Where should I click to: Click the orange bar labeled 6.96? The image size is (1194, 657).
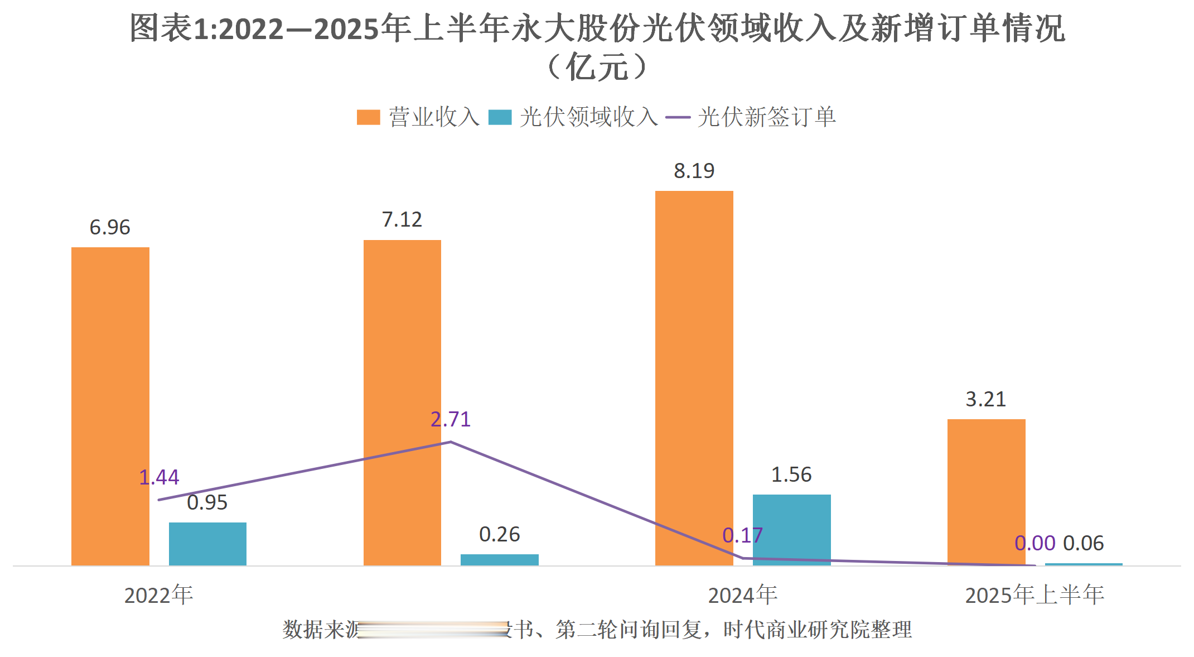click(110, 406)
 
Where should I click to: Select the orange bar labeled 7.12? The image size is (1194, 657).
click(402, 402)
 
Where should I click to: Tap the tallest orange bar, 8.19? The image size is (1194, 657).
click(694, 378)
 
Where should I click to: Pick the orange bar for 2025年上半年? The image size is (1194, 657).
click(986, 492)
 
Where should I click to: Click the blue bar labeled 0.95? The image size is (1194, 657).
click(207, 544)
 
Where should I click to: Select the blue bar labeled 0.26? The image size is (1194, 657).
click(499, 559)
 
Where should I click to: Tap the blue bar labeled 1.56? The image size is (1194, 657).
click(791, 530)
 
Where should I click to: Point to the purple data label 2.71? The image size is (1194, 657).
click(451, 419)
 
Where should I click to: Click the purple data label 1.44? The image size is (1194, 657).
click(159, 477)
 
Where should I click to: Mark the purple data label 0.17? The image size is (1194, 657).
click(742, 535)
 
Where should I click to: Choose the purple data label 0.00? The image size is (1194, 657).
click(1035, 543)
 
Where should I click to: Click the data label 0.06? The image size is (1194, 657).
click(1083, 543)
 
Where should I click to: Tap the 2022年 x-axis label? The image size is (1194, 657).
click(158, 595)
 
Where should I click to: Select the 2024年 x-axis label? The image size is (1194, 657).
click(742, 595)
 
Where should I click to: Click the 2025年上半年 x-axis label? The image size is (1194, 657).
click(1035, 595)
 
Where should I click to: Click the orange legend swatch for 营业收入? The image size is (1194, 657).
click(368, 117)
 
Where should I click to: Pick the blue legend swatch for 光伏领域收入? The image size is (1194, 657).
click(500, 117)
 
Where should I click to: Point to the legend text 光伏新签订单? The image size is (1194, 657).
click(766, 117)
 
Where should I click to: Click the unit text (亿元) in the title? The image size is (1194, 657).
click(597, 68)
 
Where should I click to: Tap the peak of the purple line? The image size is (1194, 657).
click(451, 442)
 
